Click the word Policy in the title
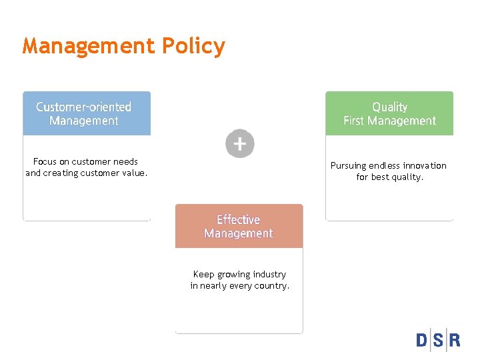tap(193, 47)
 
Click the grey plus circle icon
tap(240, 143)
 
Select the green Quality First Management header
tap(389, 113)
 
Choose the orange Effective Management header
tap(239, 226)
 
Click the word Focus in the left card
tap(45, 161)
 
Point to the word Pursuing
tap(349, 166)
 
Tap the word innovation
tap(425, 166)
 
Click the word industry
tap(268, 274)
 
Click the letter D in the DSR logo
tap(423, 341)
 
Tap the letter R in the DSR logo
tap(454, 341)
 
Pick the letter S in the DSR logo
tap(439, 341)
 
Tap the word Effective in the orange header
tap(238, 219)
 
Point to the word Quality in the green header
tap(389, 107)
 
